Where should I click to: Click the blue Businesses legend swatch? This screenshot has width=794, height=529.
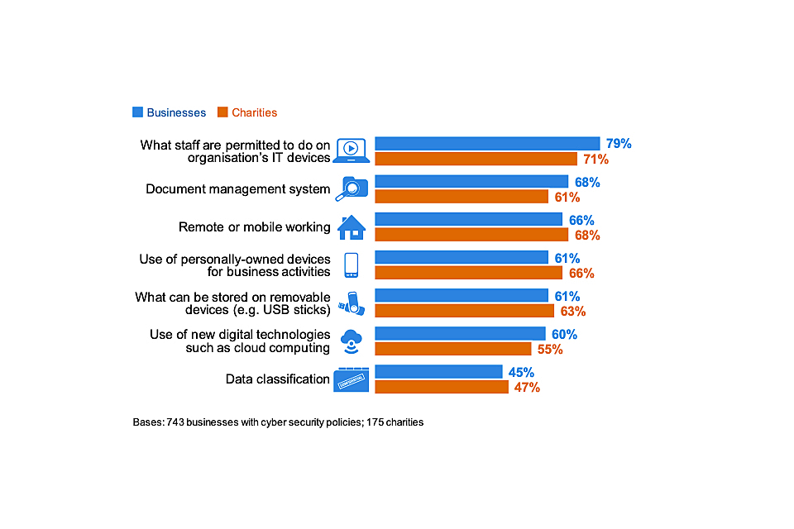click(137, 112)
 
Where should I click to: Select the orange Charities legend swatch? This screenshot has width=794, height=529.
click(222, 112)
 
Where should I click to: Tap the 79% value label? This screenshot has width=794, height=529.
click(616, 144)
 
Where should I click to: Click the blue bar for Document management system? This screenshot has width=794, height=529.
click(471, 182)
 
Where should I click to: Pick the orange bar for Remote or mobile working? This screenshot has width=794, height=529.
click(471, 235)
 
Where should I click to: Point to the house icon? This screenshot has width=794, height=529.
click(352, 226)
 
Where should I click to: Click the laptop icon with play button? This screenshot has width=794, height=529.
click(351, 150)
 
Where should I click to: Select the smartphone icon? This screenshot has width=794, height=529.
click(351, 265)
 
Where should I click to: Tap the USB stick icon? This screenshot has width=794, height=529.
click(351, 303)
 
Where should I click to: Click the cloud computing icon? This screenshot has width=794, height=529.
click(352, 341)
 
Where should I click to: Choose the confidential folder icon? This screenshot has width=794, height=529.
click(352, 379)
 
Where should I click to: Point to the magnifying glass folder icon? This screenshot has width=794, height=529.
click(351, 189)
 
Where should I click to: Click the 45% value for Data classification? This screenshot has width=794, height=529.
click(521, 373)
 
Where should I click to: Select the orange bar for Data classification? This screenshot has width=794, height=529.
click(442, 387)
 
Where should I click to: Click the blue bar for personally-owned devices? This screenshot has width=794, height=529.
click(462, 258)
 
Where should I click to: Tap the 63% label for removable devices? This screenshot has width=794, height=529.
click(572, 312)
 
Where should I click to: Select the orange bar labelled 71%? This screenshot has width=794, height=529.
click(476, 159)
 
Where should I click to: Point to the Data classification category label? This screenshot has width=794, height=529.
click(278, 379)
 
